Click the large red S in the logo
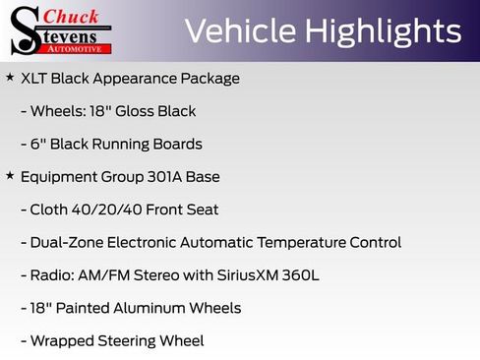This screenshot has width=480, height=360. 25,30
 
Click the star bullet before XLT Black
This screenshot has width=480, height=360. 10,77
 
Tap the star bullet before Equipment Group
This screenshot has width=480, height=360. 10,176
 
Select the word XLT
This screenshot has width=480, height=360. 35,78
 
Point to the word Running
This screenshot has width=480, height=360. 122,144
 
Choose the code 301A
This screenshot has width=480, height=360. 162,177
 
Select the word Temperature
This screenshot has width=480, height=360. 299,242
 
